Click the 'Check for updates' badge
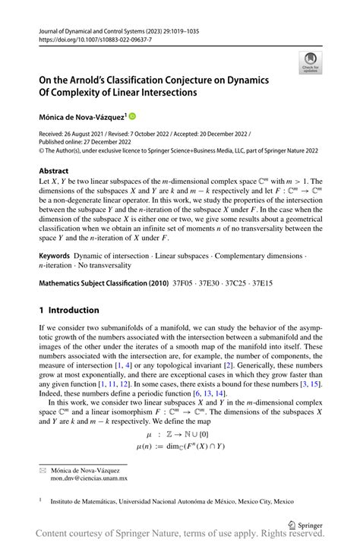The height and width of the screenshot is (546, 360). (311, 63)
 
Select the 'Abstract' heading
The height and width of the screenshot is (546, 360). (55, 171)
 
